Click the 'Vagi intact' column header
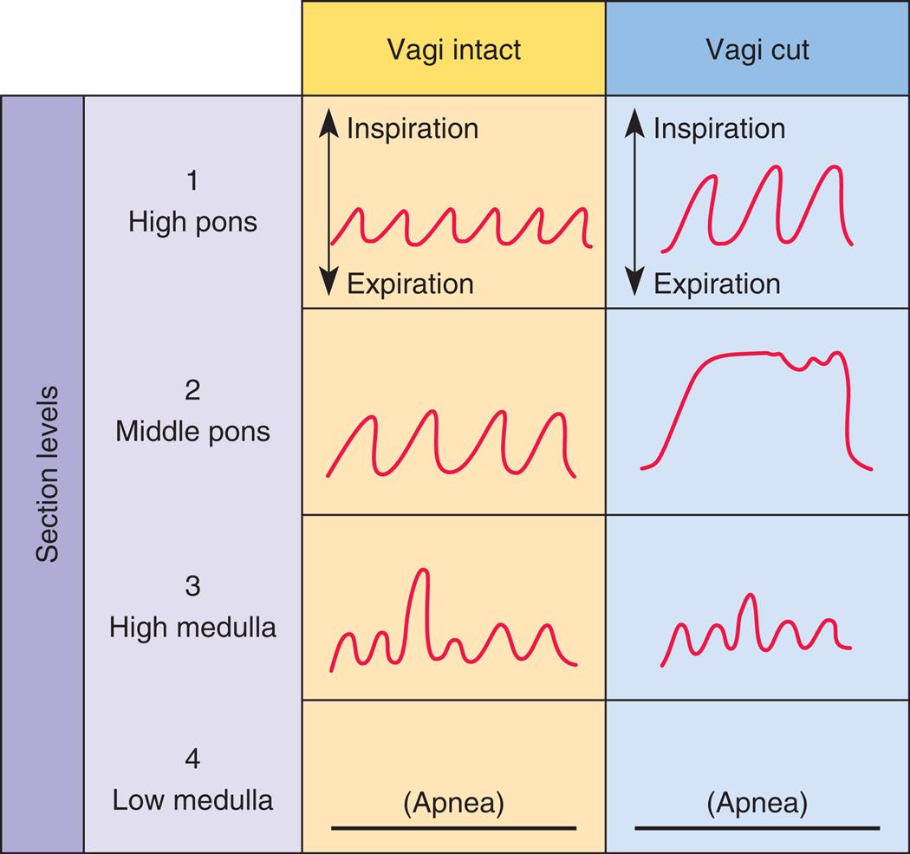click(453, 49)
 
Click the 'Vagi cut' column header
click(757, 49)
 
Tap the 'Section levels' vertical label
click(47, 473)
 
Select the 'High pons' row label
click(192, 222)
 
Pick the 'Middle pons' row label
click(192, 431)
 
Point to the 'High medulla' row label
click(192, 627)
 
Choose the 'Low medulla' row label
click(192, 799)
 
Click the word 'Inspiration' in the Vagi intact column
click(413, 128)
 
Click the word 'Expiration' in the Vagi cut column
click(717, 284)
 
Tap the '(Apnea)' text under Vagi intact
click(453, 803)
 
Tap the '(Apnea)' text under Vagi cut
click(757, 803)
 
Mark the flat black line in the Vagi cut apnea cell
click(757, 828)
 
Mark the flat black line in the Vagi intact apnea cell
click(453, 828)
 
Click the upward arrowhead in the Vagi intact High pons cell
click(328, 125)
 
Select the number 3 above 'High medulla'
click(192, 586)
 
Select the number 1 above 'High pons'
click(192, 181)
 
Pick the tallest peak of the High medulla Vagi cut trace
click(750, 596)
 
